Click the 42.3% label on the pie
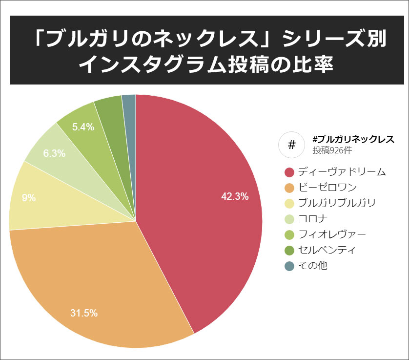click(x=235, y=197)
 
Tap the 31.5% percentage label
click(x=83, y=313)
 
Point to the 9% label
click(x=29, y=198)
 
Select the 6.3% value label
click(x=54, y=153)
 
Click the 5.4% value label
click(x=83, y=127)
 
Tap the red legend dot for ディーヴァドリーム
click(x=289, y=172)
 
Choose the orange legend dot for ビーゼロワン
click(x=289, y=188)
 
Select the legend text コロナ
click(x=313, y=219)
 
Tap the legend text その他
click(x=312, y=266)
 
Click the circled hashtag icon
click(x=291, y=145)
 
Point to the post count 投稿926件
click(x=332, y=150)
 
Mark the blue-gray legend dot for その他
click(x=289, y=266)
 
